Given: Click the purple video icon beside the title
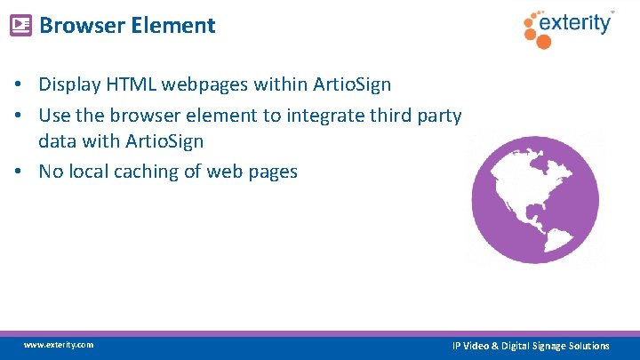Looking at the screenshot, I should click(x=20, y=25).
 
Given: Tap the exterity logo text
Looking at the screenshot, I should click(x=579, y=23).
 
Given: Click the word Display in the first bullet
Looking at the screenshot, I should click(x=69, y=84).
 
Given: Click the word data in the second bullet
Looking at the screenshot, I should click(x=56, y=141).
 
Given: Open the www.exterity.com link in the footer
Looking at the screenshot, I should click(x=59, y=345).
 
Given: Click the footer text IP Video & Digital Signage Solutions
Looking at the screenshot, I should click(x=531, y=345).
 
